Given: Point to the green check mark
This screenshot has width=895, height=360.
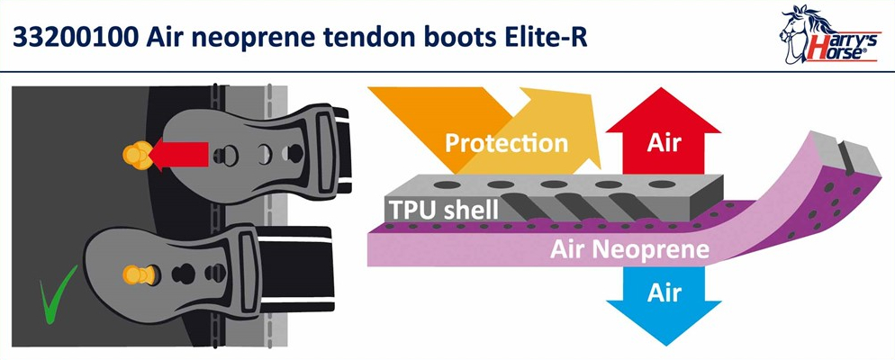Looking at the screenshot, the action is pos(56,293).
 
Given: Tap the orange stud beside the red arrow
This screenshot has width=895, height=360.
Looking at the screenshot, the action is pos(137,155).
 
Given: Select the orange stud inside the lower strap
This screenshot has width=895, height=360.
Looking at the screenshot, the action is pos(139,274).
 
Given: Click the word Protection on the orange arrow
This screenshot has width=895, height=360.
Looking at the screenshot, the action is pos(506,142).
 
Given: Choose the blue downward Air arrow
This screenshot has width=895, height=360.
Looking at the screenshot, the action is pos(664,302).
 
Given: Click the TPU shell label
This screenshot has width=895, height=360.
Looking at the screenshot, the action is pos(444,210).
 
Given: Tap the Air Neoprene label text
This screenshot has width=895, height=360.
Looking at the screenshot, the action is pos(629,250).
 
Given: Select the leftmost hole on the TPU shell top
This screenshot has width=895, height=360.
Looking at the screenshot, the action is pos(447,184).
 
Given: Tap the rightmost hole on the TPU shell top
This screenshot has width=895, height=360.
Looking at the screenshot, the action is pos(662,184).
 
